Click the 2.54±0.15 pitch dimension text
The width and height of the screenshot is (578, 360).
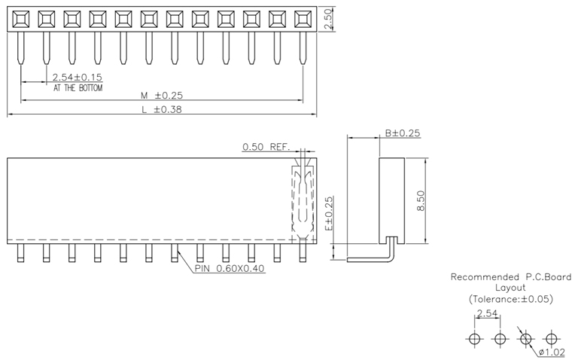[78, 77]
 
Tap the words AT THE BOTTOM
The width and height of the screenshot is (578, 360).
[78, 88]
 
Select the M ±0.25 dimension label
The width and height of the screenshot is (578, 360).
[162, 95]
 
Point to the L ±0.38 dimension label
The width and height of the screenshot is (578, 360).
[162, 110]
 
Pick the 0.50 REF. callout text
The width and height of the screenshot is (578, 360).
[266, 147]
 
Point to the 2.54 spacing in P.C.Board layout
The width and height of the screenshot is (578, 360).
[486, 313]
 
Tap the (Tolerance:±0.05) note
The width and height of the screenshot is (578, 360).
[512, 299]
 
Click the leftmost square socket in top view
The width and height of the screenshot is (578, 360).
[20, 19]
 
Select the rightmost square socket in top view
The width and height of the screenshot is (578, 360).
[303, 19]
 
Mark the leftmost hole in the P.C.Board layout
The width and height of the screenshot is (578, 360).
[474, 338]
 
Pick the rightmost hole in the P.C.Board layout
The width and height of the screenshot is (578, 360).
[552, 338]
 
